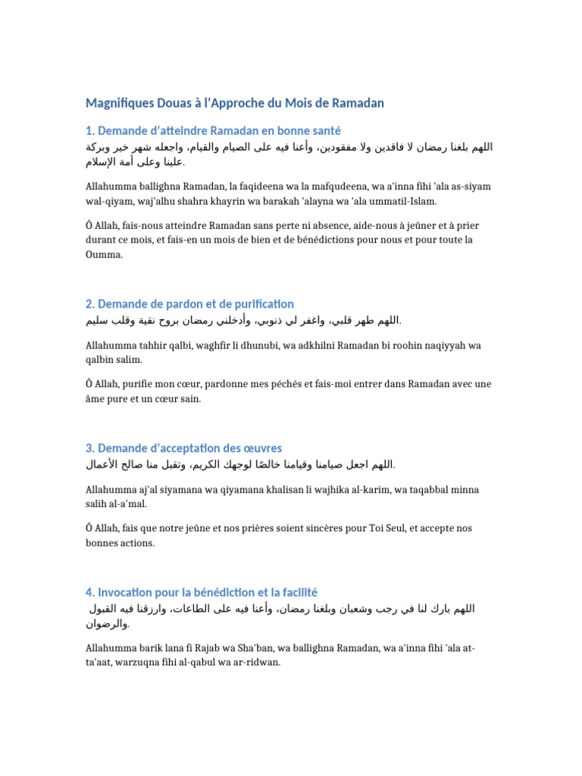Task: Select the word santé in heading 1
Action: click(x=324, y=131)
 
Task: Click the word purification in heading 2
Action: click(x=259, y=304)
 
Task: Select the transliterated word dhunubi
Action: click(x=252, y=345)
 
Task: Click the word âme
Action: click(x=94, y=399)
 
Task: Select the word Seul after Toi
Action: click(x=396, y=529)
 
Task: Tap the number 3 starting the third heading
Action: click(x=89, y=449)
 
